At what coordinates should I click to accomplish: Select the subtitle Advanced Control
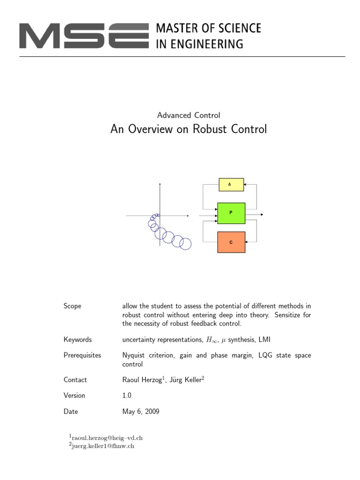tap(188, 115)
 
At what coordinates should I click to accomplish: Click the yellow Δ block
tap(231, 184)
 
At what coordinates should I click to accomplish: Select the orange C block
tap(231, 242)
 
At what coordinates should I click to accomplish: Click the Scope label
tap(72, 306)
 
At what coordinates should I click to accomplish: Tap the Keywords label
tap(77, 339)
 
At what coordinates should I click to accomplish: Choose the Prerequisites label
tap(82, 355)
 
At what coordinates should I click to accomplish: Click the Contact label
tap(75, 380)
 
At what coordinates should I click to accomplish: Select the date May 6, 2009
tap(140, 412)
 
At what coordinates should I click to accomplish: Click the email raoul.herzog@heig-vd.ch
tap(107, 438)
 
